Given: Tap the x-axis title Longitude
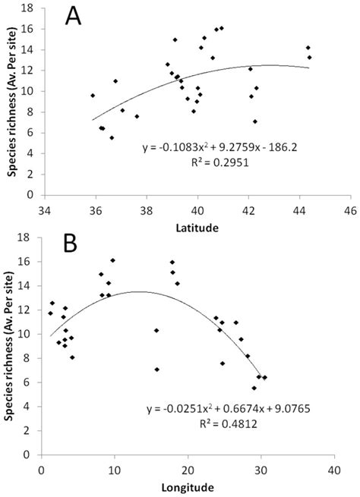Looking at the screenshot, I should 187,486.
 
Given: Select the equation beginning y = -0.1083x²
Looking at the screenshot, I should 197,149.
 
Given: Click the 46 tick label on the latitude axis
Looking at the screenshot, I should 350,208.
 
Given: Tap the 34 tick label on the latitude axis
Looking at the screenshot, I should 45,208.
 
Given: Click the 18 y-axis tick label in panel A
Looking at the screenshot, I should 28,8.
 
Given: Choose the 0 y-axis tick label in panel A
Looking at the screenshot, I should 31,194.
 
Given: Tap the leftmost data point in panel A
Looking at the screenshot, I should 93,96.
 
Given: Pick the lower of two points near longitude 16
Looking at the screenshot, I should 157,370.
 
